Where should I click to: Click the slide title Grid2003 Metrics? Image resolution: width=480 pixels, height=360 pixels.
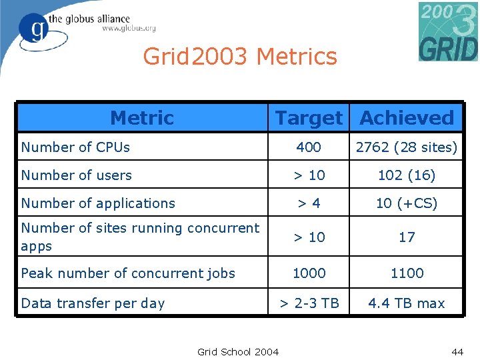click(240, 57)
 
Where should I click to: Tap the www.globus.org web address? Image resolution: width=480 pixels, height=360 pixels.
click(129, 29)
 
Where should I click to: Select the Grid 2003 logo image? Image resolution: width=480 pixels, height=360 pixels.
click(448, 31)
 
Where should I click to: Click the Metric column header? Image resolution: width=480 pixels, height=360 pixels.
click(142, 118)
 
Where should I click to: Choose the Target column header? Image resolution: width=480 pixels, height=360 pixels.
click(309, 118)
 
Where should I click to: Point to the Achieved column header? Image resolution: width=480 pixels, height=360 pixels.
click(407, 118)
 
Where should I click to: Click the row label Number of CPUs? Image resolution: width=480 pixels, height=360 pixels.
click(75, 147)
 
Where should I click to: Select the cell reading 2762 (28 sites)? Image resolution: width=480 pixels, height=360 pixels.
click(407, 147)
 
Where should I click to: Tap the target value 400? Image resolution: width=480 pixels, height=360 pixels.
click(309, 147)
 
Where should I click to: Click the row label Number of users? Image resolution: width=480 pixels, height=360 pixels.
click(77, 175)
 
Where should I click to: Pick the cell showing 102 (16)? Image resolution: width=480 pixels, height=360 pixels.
click(407, 175)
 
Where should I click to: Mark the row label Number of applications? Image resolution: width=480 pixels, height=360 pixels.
click(98, 203)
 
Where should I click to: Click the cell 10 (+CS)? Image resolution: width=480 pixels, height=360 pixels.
click(407, 203)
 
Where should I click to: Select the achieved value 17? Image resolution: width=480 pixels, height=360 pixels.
click(407, 237)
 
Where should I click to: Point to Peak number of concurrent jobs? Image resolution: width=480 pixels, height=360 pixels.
click(128, 273)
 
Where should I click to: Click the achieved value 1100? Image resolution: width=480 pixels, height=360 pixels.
click(407, 273)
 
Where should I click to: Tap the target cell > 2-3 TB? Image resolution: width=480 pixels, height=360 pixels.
click(309, 303)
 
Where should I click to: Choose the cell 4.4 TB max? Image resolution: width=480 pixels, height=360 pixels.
click(407, 303)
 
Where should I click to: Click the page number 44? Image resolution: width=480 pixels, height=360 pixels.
click(457, 351)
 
